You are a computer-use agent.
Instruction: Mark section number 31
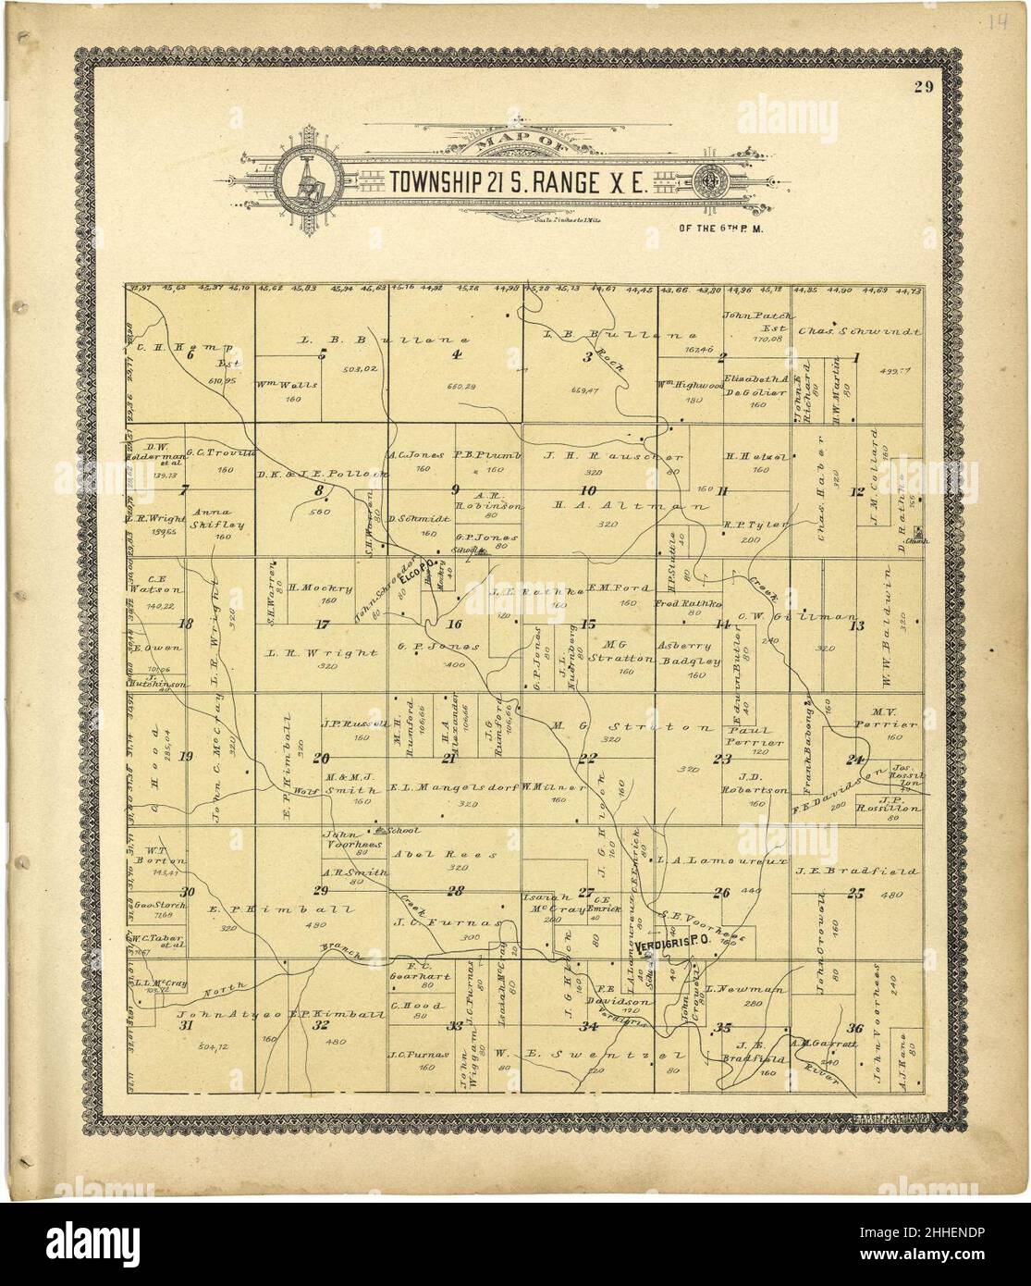point(187,1025)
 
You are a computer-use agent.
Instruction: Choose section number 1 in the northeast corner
point(857,357)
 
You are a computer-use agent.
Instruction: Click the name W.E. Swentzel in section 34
point(564,1054)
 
